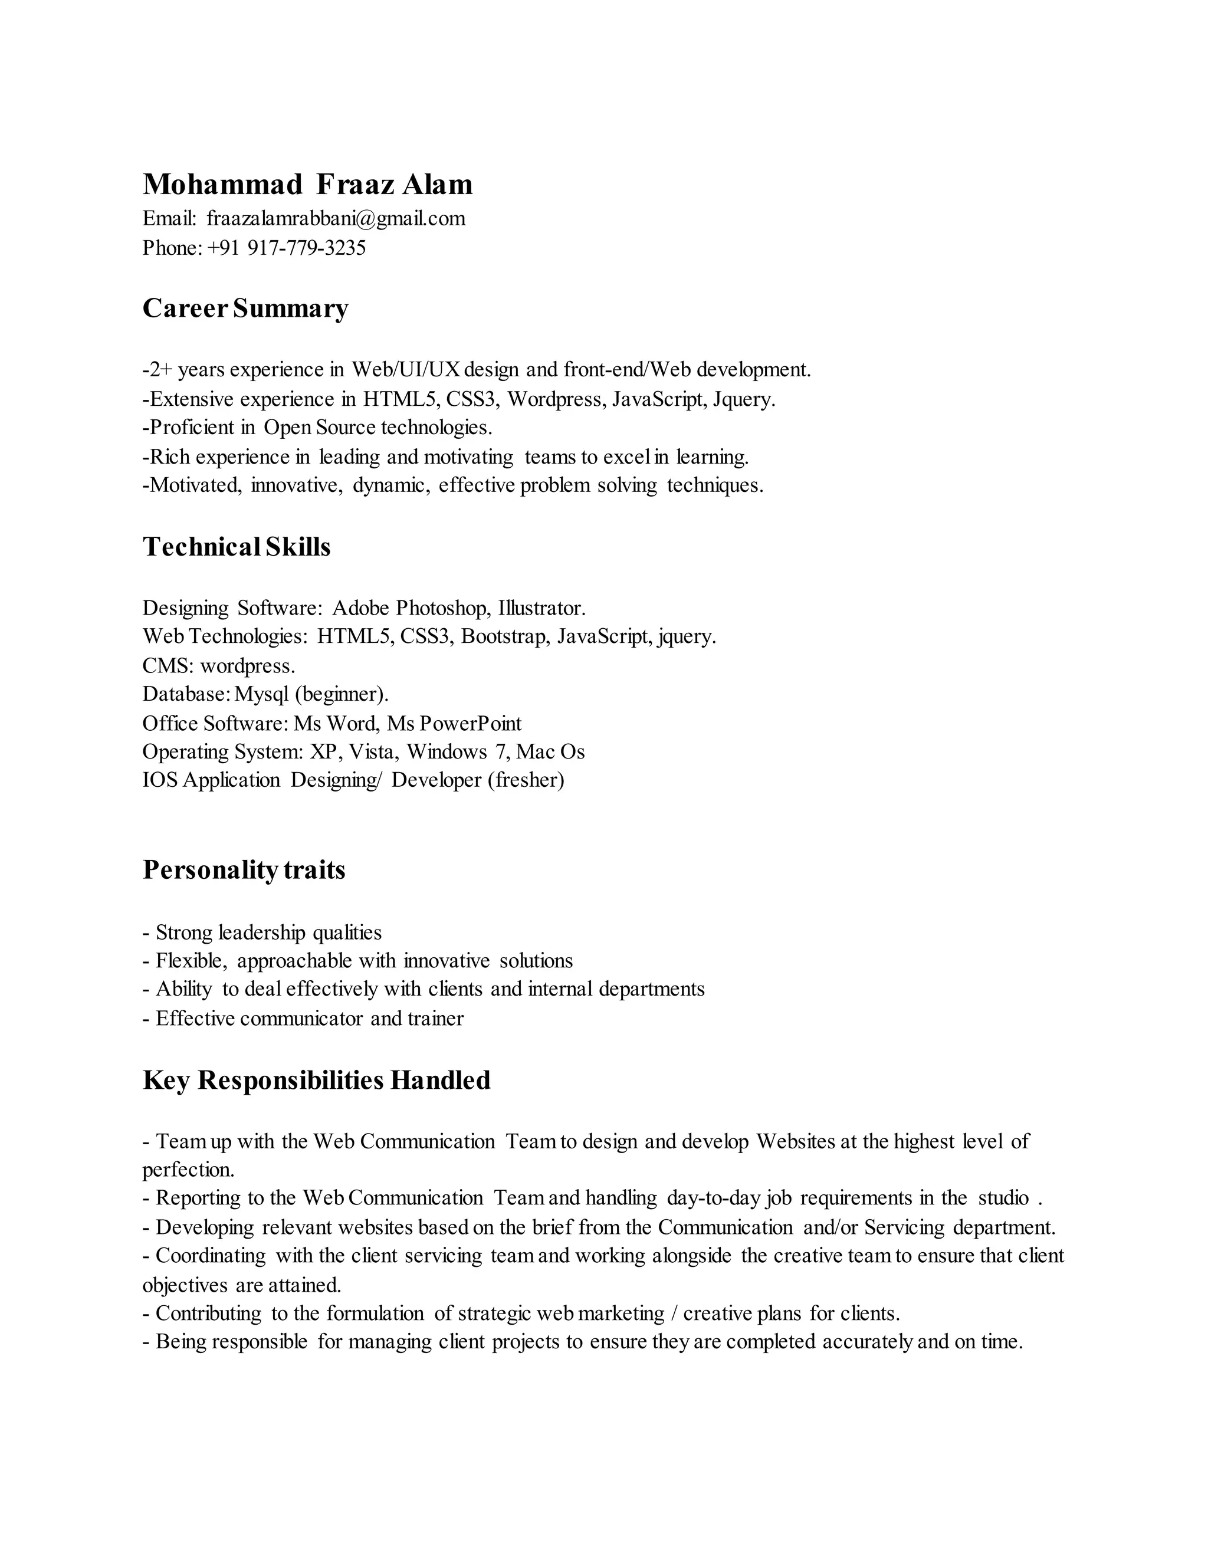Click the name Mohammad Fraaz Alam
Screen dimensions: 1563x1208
click(308, 185)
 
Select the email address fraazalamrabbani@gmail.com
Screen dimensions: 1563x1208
click(336, 218)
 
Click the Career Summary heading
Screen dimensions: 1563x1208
click(245, 308)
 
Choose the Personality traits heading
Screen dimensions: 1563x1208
click(244, 869)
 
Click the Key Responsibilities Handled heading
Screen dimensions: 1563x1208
click(316, 1080)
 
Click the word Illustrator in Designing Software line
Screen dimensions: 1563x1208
click(541, 608)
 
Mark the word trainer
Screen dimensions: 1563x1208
click(435, 1019)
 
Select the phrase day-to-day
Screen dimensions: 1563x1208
click(714, 1198)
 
